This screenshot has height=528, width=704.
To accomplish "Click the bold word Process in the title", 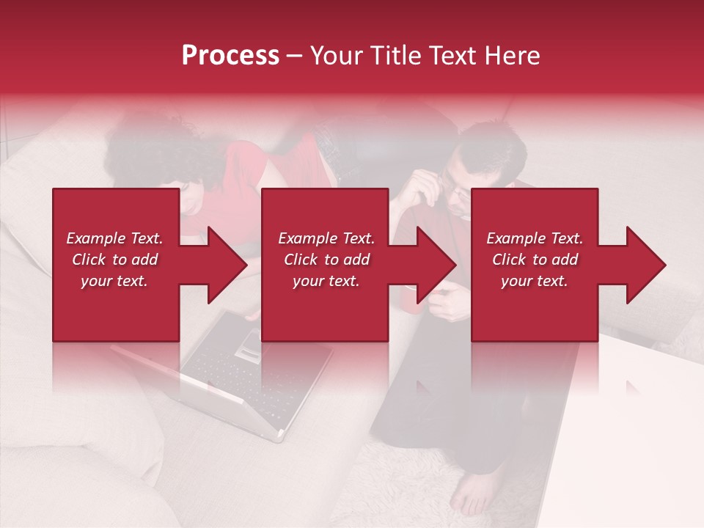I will (230, 56).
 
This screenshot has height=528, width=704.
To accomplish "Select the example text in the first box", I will (114, 260).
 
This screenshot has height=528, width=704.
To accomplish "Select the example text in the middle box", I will (326, 260).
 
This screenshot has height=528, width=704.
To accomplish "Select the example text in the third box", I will (534, 260).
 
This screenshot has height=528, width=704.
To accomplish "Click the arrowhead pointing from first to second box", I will (226, 265).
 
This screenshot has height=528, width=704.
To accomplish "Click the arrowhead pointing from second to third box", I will (436, 265).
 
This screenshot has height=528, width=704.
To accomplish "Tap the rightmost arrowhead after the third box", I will (645, 265).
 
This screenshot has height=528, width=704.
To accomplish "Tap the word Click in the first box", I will (89, 260).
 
